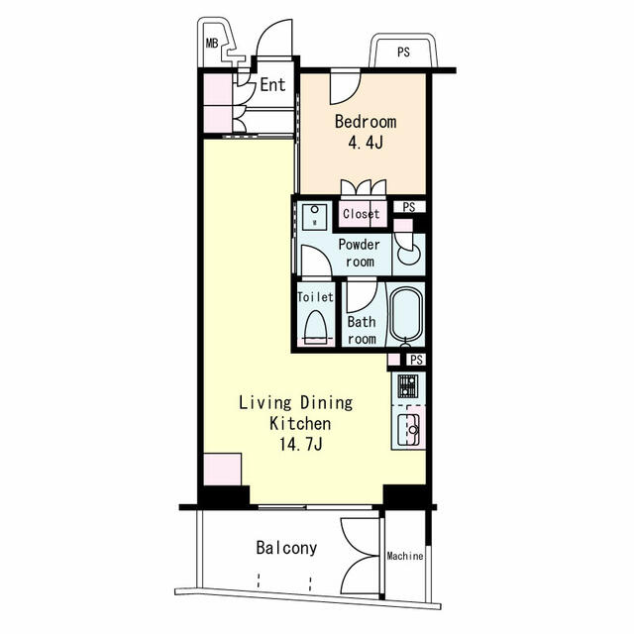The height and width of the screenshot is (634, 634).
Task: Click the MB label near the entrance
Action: tap(211, 43)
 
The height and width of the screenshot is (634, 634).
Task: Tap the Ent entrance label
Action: tap(272, 85)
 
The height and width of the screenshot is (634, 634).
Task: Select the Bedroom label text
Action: tap(365, 123)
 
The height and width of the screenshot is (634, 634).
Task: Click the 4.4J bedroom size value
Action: tap(365, 143)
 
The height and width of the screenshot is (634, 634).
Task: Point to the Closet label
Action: tap(361, 214)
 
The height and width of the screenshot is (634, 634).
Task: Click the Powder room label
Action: tap(358, 254)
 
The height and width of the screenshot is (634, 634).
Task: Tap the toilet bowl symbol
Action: tap(316, 326)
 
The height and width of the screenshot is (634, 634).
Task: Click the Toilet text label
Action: tap(316, 296)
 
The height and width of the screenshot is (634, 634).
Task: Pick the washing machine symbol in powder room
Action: tap(315, 215)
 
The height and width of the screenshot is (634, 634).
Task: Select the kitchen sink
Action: tap(409, 429)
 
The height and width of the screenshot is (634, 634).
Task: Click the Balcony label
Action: tap(286, 548)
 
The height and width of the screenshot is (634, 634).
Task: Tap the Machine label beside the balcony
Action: tap(405, 556)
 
